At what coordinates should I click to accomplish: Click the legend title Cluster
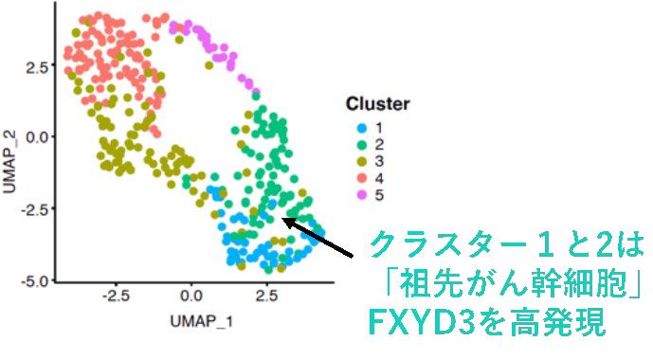click(377, 104)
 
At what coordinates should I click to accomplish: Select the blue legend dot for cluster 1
click(358, 127)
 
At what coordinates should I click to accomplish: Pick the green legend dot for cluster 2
click(358, 144)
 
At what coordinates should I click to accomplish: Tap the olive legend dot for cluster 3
click(358, 161)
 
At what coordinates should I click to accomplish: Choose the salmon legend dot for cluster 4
click(358, 178)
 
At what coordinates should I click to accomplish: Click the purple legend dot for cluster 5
click(358, 195)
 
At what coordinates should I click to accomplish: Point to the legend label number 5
click(378, 195)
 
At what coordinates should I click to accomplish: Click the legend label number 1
click(378, 127)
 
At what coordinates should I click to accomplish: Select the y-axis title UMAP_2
click(11, 162)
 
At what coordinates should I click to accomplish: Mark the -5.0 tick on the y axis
click(36, 280)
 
